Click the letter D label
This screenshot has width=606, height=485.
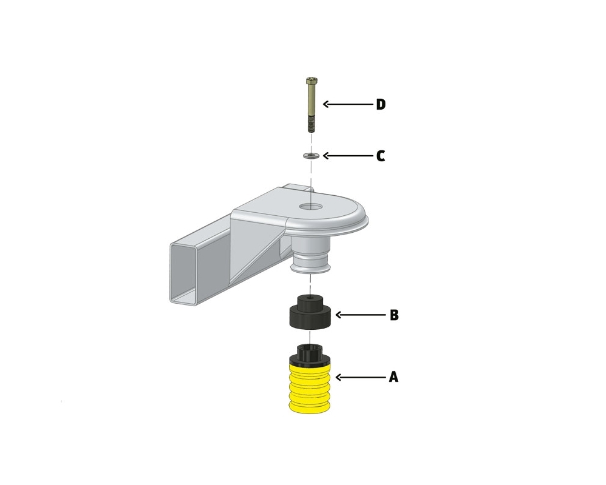tap(381, 104)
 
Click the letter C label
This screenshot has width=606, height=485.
tap(381, 156)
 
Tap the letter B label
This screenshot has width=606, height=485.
tap(394, 315)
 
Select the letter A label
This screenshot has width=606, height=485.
tap(393, 376)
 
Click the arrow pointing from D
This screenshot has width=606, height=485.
tap(348, 104)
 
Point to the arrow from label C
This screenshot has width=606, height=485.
tap(348, 156)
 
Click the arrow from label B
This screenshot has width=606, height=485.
tap(361, 315)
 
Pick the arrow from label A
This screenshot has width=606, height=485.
tap(361, 376)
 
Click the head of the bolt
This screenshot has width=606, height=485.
tap(311, 81)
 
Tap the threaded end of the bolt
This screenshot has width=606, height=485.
tap(311, 125)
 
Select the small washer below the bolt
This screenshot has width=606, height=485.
tap(311, 155)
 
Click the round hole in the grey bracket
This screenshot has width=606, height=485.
tap(311, 206)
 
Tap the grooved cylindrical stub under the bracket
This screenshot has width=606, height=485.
tap(311, 255)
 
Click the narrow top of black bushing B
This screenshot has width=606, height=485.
tap(310, 301)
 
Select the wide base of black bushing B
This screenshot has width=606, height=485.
tap(310, 318)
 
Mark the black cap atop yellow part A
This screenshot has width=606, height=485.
tap(310, 355)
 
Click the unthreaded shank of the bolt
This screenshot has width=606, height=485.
tap(311, 101)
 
